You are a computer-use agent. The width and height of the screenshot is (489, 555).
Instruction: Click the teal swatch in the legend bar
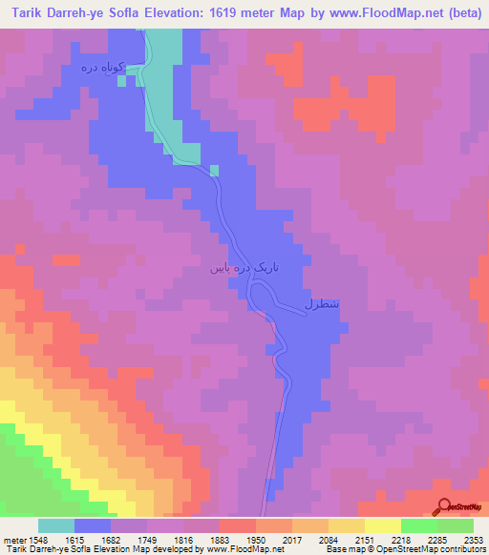tap(56, 525)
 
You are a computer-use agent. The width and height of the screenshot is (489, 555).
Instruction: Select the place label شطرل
tap(322, 305)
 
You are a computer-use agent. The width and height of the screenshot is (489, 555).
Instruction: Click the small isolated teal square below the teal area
tap(214, 171)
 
